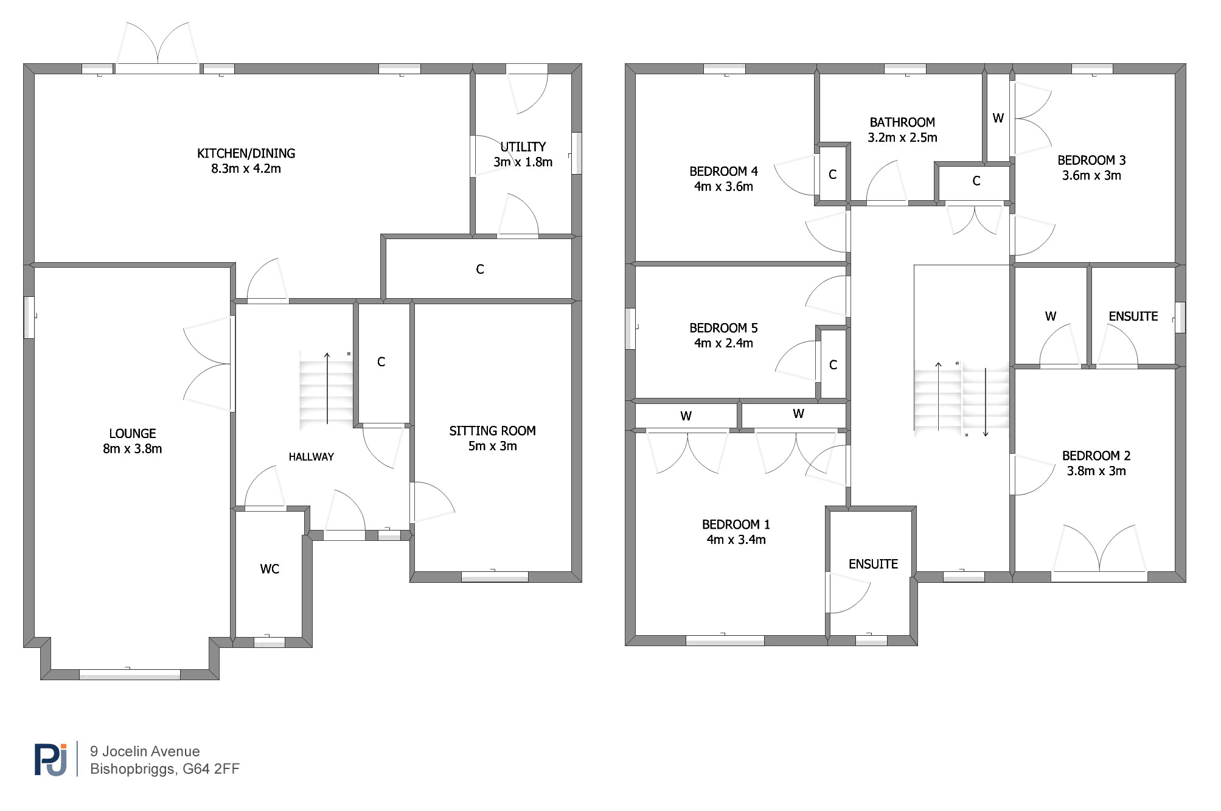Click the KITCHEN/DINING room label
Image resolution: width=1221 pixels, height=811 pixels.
point(246,153)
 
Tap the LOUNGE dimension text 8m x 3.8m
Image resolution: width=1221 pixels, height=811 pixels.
point(132,449)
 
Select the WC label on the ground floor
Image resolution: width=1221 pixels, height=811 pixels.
point(270,569)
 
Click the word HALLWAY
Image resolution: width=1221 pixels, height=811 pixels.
point(311,457)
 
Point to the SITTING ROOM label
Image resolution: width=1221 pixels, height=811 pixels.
point(492,431)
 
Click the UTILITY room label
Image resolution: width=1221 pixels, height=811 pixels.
point(523,147)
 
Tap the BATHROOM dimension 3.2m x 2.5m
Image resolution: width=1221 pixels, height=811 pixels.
point(902,137)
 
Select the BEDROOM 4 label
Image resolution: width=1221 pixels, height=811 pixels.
point(723,172)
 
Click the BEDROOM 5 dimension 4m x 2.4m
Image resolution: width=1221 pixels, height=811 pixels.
point(723,343)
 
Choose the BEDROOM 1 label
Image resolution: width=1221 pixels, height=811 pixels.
point(736,524)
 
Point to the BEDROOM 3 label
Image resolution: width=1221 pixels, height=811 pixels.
point(1091,161)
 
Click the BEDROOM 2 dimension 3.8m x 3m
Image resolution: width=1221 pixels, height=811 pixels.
point(1096,471)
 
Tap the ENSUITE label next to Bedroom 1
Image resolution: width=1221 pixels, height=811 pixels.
point(873,564)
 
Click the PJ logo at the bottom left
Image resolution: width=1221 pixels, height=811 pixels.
point(51,759)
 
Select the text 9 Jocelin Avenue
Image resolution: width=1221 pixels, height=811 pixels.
point(145,751)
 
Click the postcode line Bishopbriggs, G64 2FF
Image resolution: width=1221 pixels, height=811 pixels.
point(165,769)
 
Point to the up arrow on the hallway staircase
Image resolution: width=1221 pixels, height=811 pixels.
point(327,388)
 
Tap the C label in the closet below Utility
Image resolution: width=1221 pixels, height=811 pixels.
point(480,269)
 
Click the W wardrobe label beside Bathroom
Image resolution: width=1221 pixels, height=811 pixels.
point(998,118)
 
